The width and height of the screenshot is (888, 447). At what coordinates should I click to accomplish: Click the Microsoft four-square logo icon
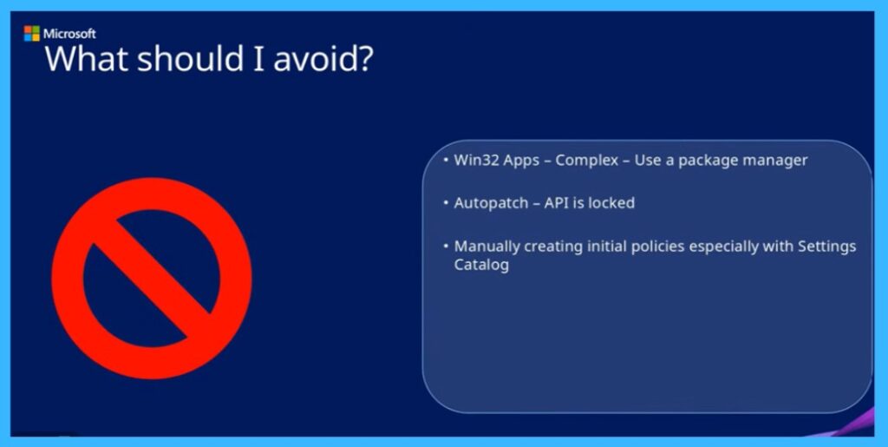coord(31,34)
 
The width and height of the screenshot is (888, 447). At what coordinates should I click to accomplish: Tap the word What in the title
coord(87,61)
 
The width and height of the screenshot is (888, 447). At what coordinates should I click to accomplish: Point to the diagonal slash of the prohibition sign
coord(151,278)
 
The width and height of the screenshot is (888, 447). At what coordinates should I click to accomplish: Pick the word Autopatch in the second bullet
coord(491,203)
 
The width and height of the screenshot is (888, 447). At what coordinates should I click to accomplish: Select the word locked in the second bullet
coord(611,203)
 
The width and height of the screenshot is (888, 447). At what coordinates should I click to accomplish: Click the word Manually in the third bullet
coord(487,247)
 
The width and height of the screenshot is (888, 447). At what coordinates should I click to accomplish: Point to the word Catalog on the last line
coord(481,266)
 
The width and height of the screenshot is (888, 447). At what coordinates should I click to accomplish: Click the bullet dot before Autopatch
coord(445,203)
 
